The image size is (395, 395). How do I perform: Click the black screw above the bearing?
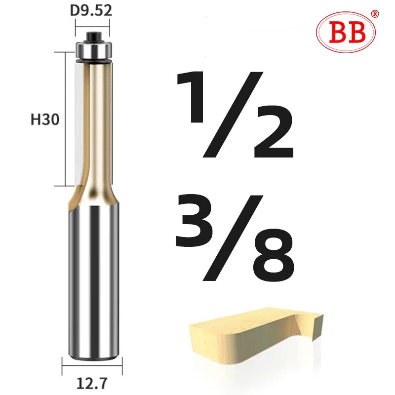click(x=93, y=36)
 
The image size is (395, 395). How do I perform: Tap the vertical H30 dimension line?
click(x=66, y=118)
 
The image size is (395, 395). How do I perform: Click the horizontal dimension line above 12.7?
click(x=92, y=366)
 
